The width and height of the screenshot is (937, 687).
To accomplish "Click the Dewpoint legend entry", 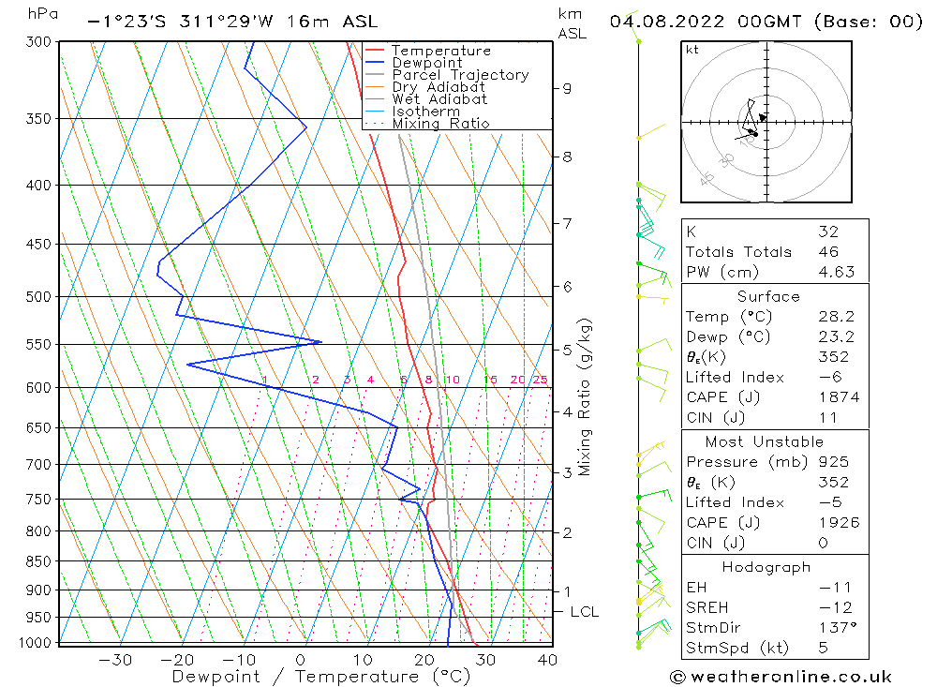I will click(426, 63).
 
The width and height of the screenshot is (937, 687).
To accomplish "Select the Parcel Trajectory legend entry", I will click(459, 75).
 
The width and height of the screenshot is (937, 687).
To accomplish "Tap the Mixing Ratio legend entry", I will click(440, 124).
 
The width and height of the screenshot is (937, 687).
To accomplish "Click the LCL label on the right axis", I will click(584, 612).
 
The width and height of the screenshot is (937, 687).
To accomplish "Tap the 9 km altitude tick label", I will click(567, 88).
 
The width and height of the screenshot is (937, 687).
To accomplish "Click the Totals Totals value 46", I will click(829, 252).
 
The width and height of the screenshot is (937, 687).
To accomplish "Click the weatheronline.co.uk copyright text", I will click(781, 677).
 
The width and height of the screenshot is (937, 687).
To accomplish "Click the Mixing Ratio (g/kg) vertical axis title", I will click(586, 397).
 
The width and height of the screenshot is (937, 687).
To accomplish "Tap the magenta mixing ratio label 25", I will click(540, 380).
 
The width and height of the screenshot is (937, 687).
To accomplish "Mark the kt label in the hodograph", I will click(692, 50).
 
